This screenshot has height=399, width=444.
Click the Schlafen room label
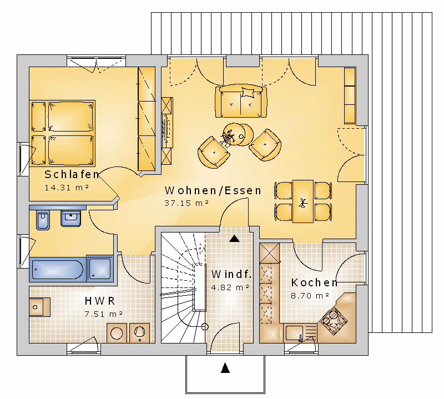tap(72, 174)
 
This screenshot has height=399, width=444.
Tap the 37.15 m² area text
tap(186, 203)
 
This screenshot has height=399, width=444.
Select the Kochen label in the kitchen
tap(315, 282)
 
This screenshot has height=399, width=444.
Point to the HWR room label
tap(100, 301)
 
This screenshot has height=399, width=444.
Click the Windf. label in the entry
tap(231, 274)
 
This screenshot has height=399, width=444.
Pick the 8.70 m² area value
tap(310, 296)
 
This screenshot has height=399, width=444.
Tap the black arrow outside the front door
tap(225, 367)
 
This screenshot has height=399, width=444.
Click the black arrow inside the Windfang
tap(234, 239)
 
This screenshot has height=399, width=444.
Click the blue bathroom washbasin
tap(71, 218)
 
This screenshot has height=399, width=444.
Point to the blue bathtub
tap(58, 269)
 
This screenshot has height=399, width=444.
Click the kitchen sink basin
tap(294, 333)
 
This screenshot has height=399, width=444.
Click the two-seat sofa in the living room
tap(241, 101)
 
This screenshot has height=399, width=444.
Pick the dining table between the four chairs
tap(303, 201)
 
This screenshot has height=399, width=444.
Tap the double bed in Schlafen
tap(62, 133)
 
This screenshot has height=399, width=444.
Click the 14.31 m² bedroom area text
tap(67, 188)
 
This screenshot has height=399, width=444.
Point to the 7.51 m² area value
tap(104, 314)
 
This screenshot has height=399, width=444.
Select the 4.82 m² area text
tap(230, 287)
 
